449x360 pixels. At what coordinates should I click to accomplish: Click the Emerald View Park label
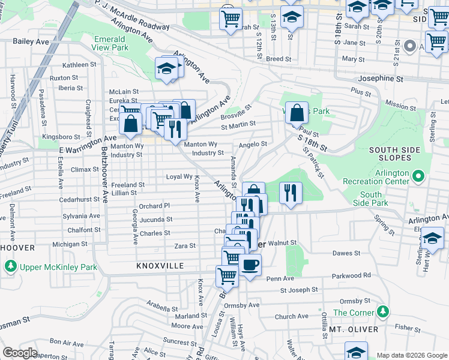pyautogui.click(x=111, y=43)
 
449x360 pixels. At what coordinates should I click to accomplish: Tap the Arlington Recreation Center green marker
pyautogui.click(x=419, y=176)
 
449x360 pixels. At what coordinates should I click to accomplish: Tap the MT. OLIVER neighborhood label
pyautogui.click(x=353, y=329)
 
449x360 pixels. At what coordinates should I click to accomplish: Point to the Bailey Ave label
pyautogui.click(x=30, y=41)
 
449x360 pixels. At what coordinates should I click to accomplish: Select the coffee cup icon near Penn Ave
pyautogui.click(x=250, y=264)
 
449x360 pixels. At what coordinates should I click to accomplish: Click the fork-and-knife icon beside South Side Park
pyautogui.click(x=291, y=193)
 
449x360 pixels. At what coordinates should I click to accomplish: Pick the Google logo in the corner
pyautogui.click(x=20, y=353)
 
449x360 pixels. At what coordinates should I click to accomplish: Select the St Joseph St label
pyautogui.click(x=298, y=290)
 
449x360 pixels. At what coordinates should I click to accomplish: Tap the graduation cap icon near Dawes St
pyautogui.click(x=432, y=238)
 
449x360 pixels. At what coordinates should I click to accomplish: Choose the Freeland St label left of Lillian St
pyautogui.click(x=127, y=185)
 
